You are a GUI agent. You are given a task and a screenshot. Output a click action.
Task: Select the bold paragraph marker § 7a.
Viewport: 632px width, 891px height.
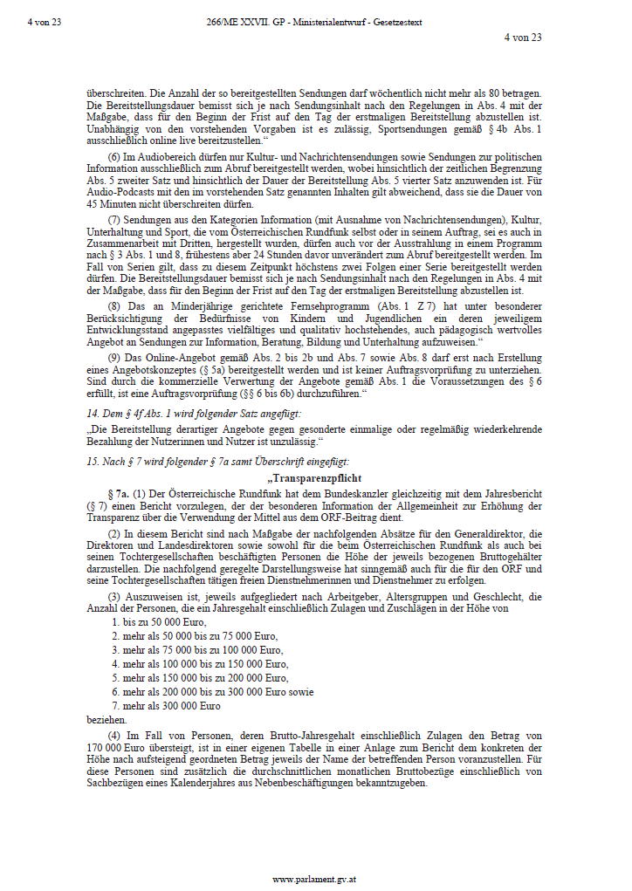click(117, 495)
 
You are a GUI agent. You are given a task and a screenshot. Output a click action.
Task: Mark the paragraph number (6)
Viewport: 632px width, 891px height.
click(113, 154)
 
